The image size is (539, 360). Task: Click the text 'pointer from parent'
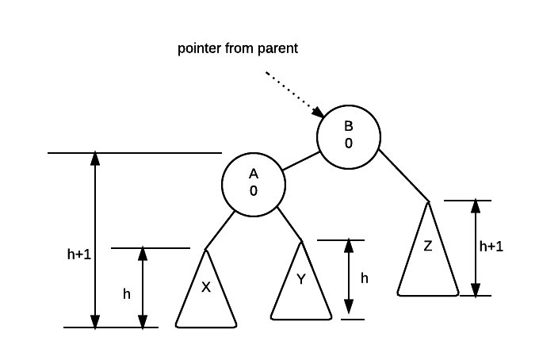(237, 49)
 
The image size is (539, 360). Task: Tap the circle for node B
(348, 136)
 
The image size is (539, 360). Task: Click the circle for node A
(253, 183)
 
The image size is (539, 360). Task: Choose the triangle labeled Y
(300, 282)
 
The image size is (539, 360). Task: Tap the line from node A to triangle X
(221, 230)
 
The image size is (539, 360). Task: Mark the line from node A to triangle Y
(289, 226)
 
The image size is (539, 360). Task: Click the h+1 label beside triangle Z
(491, 247)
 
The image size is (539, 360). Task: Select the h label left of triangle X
(127, 294)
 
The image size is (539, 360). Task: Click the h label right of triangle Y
(364, 278)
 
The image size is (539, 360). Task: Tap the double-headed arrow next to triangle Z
(476, 247)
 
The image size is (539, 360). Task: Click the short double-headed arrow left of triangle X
(143, 287)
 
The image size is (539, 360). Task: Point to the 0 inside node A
(253, 191)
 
